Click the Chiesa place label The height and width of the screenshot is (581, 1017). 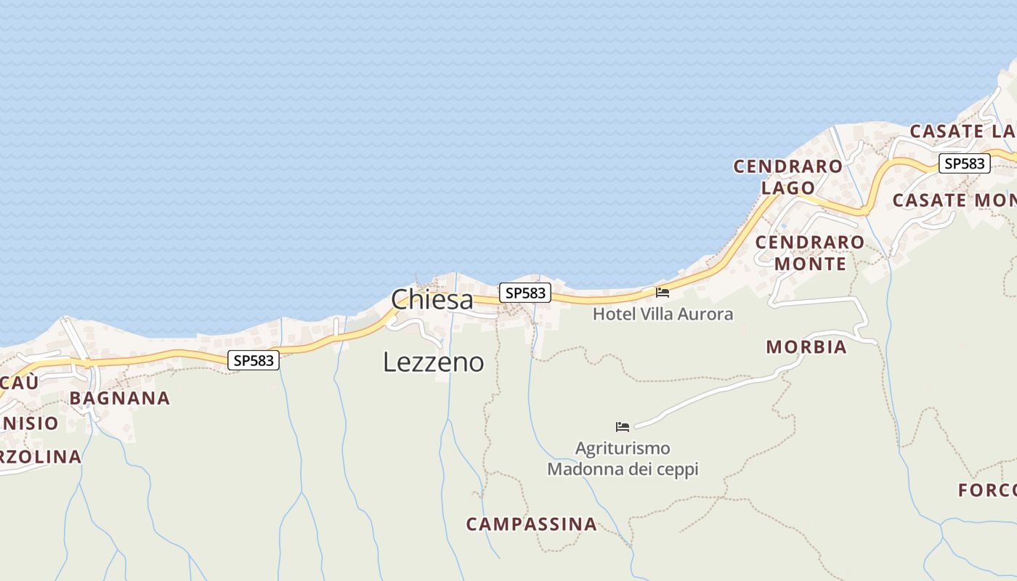coord(431,299)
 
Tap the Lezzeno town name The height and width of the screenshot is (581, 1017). coord(433,362)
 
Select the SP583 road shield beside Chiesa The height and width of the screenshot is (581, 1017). coord(524,293)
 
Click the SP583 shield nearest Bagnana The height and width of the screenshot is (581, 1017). coord(254,359)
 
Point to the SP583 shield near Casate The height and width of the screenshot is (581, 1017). coord(964,163)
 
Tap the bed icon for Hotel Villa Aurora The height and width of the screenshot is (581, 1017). coord(663,293)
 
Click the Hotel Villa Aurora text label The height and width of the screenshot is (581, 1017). coord(663,314)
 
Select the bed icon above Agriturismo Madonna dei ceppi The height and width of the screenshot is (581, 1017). coord(623,426)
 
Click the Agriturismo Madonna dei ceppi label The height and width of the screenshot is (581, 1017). coord(623,458)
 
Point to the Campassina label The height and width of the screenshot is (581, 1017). coord(531,524)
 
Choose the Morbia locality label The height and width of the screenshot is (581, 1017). coord(806,347)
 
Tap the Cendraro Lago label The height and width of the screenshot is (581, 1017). coord(788,176)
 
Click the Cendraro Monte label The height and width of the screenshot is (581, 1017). coord(810,252)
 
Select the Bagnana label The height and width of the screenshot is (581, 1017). coord(120,398)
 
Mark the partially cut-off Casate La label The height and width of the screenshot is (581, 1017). coord(963,131)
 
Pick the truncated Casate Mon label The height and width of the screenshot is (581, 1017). coord(954,200)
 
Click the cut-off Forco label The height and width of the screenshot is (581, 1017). coord(987,490)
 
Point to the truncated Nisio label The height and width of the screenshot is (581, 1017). coord(29,423)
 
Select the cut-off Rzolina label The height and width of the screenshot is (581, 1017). coord(41,457)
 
